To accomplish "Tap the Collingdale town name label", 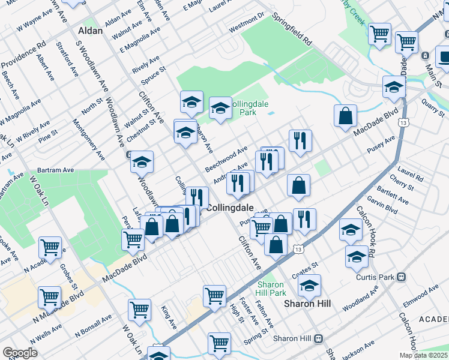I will coord(228,207).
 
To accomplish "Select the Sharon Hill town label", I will coord(307,304).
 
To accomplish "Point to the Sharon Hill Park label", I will coord(271,289).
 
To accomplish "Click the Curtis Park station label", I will coord(382,277).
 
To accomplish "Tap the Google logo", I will coord(20,352).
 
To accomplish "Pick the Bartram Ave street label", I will coord(55,170).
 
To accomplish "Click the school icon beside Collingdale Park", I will coord(220,108).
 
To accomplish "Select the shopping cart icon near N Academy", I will coord(50,247).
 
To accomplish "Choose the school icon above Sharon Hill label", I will coord(309,285).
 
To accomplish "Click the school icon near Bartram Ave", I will coord(142,161).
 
